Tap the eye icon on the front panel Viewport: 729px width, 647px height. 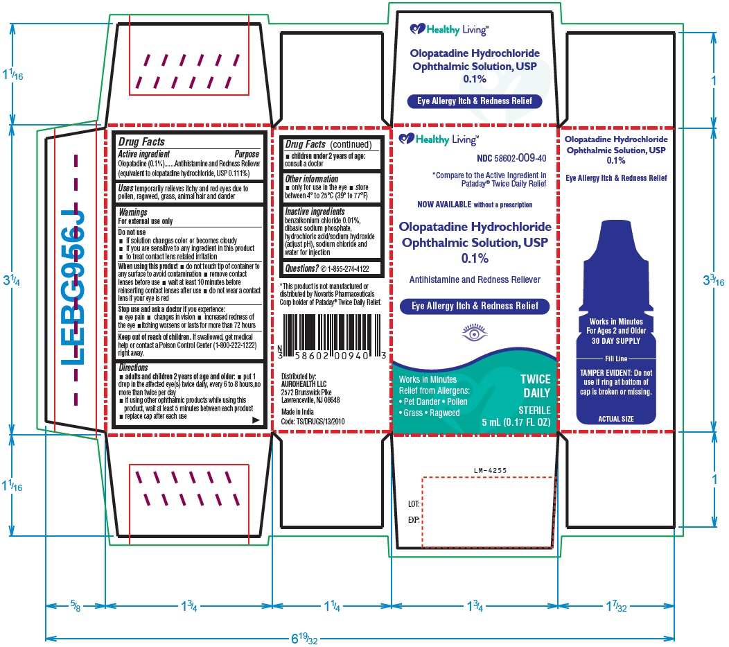[x=474, y=333]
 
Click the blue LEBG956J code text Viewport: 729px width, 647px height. [x=73, y=287]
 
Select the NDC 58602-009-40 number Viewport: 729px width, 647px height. [x=511, y=158]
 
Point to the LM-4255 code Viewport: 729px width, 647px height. [x=490, y=470]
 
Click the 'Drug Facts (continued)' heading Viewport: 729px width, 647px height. [x=328, y=144]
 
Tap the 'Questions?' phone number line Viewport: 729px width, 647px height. [x=327, y=268]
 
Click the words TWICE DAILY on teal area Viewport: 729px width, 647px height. [x=536, y=386]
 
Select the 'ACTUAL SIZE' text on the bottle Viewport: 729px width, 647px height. [x=615, y=419]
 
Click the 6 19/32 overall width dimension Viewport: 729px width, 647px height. [x=304, y=638]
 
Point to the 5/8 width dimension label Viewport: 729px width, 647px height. [x=76, y=605]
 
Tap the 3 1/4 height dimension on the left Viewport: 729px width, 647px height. [x=12, y=280]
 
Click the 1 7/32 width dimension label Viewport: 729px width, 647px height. [x=616, y=605]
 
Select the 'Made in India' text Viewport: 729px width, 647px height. [x=297, y=412]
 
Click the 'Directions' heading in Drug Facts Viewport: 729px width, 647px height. [x=133, y=368]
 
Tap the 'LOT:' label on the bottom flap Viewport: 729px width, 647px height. [x=414, y=503]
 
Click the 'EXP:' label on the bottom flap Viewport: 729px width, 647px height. [x=414, y=520]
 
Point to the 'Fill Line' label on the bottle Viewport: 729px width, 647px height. [x=616, y=359]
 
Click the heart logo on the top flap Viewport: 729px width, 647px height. [x=417, y=29]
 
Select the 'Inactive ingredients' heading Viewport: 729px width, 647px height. [x=315, y=212]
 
